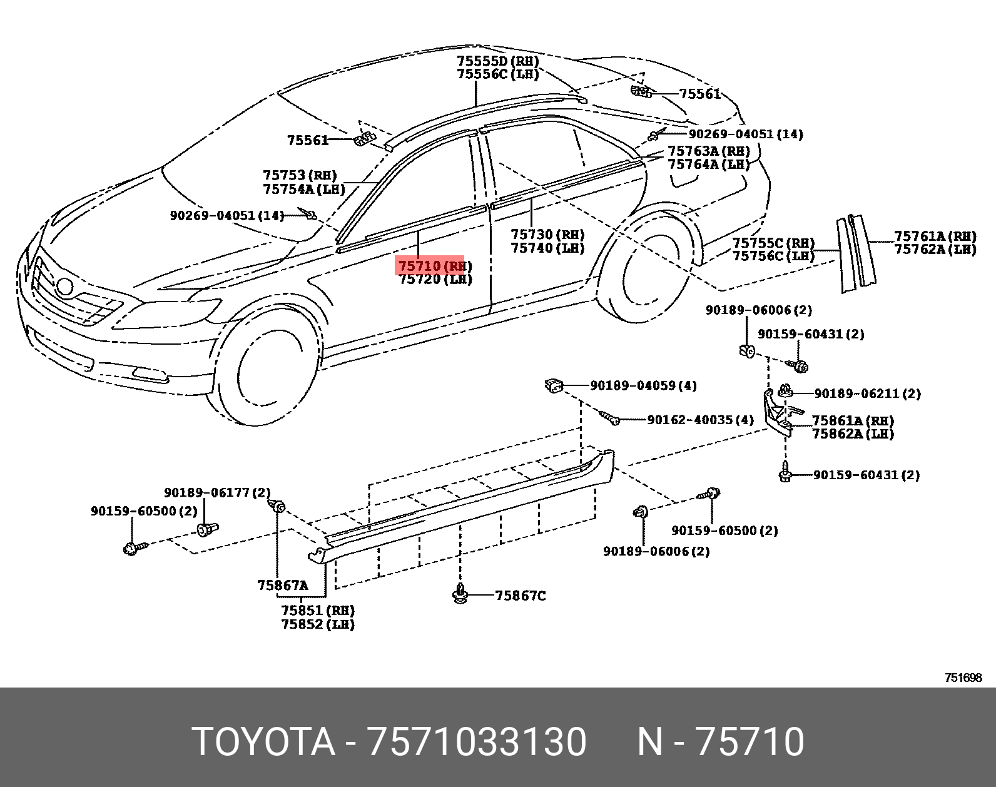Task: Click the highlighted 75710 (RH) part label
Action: click(x=431, y=265)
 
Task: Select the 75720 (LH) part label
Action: click(x=435, y=280)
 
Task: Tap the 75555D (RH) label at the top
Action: click(x=497, y=61)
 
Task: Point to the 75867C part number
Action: click(x=520, y=596)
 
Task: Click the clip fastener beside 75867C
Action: click(x=460, y=594)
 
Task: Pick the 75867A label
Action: click(x=282, y=586)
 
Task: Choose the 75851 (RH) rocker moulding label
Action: click(x=317, y=610)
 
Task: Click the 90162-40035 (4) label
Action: click(x=700, y=419)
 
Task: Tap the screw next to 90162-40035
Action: click(x=609, y=417)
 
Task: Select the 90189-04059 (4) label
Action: click(x=643, y=385)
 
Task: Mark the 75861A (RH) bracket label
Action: click(x=853, y=420)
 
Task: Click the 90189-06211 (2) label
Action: click(x=867, y=393)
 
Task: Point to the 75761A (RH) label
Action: click(x=935, y=236)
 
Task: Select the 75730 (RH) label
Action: click(x=547, y=234)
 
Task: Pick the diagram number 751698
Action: click(x=963, y=678)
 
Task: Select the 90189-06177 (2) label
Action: click(x=217, y=493)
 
